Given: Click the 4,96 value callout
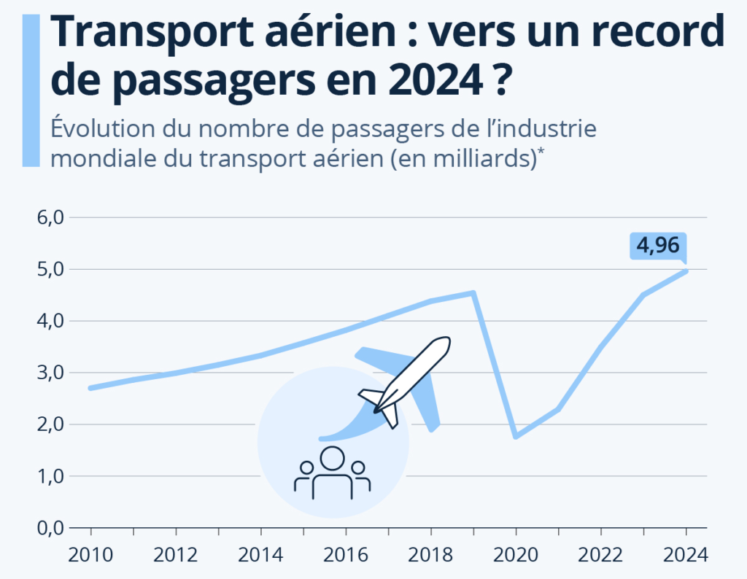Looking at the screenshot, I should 659,246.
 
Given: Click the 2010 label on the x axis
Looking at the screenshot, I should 90,554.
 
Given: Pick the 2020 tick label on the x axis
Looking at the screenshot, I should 516,554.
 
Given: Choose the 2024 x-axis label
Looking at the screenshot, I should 686,554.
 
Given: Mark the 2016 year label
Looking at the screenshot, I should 346,554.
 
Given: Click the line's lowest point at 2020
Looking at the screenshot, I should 516,436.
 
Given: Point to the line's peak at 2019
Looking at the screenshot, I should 473,293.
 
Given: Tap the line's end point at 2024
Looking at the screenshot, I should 686,271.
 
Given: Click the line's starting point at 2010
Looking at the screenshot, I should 90,388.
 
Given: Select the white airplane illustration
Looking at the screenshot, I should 405,381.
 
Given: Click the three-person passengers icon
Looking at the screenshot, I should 332,474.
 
